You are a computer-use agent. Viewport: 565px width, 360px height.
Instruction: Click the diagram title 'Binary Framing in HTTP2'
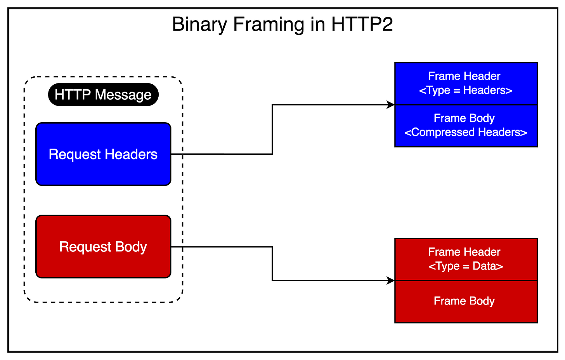(282, 24)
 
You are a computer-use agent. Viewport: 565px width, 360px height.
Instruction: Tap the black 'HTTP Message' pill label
(103, 95)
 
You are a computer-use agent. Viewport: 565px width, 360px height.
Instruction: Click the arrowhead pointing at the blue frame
(391, 105)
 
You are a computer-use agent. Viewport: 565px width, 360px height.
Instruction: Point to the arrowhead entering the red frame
(391, 280)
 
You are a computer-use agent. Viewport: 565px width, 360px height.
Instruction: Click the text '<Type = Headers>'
(466, 90)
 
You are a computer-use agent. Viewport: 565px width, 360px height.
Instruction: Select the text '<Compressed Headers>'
(466, 132)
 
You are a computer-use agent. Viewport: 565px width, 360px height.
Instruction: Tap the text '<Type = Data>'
(466, 266)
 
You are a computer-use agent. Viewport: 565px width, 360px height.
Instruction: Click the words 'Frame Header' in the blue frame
(464, 76)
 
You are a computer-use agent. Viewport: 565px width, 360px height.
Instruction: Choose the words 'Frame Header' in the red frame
(464, 252)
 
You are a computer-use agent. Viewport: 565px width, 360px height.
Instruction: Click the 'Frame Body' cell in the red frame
(466, 310)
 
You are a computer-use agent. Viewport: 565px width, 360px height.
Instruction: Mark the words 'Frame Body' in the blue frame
(464, 118)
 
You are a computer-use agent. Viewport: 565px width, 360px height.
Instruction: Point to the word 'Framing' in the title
(269, 24)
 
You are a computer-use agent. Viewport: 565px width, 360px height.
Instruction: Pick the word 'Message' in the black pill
(123, 95)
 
